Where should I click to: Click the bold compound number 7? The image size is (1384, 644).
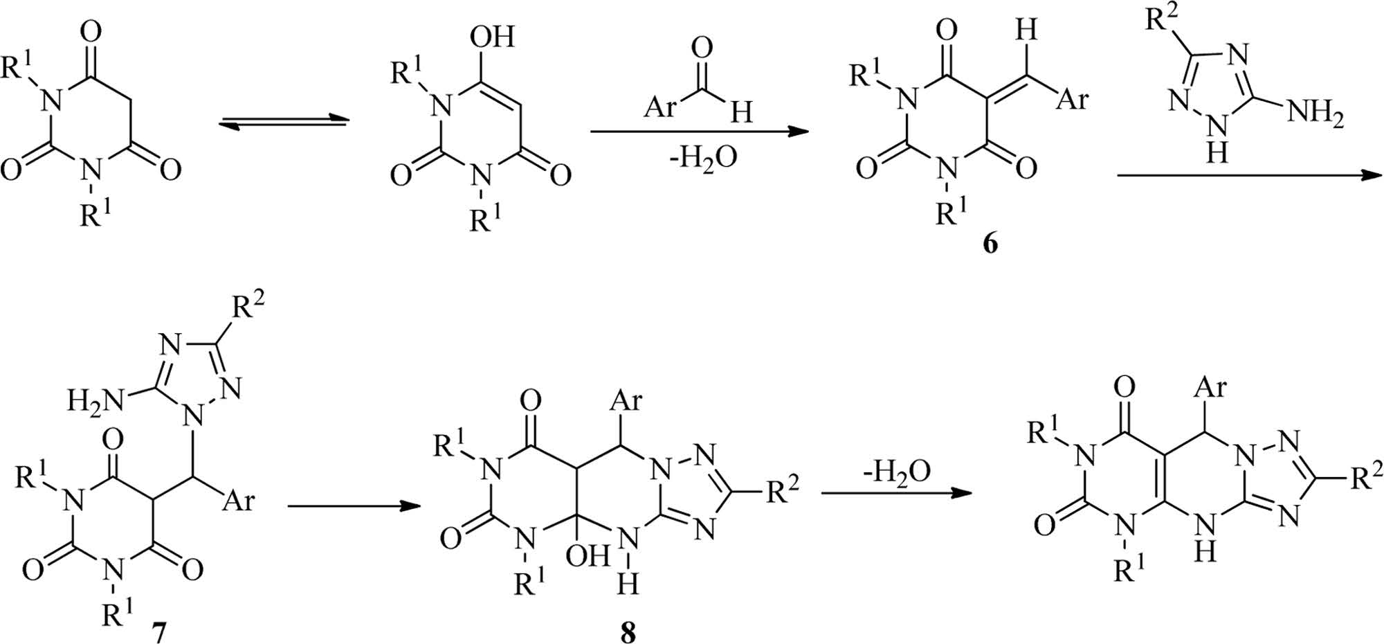point(158,632)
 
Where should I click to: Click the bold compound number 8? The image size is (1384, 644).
point(628,632)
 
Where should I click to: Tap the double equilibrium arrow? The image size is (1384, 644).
point(282,122)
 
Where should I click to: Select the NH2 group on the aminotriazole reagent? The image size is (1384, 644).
point(1315,114)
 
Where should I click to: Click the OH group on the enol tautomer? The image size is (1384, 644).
point(492,36)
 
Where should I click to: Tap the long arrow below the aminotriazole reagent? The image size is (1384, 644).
point(1246,175)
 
